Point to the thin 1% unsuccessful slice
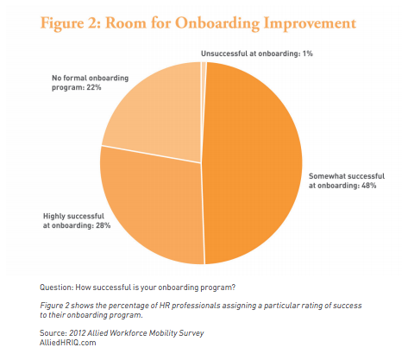tap(204, 86)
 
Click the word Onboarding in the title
tap(217, 23)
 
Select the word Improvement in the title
tap(310, 23)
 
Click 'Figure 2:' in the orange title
tap(71, 23)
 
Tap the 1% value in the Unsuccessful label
tap(307, 54)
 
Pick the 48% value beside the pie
tap(369, 186)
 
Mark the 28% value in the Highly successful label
tap(104, 225)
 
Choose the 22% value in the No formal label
tap(94, 87)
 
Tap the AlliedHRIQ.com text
tap(68, 343)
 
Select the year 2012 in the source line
tap(77, 333)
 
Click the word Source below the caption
tap(53, 333)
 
